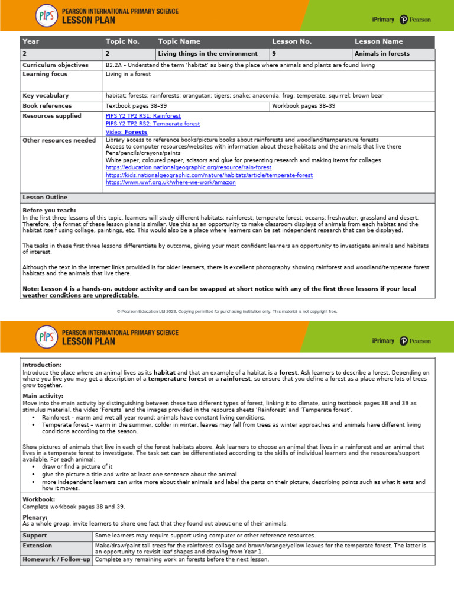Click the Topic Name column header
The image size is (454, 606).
tap(180, 41)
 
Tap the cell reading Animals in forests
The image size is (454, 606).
tap(382, 54)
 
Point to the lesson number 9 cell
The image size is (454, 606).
tap(274, 54)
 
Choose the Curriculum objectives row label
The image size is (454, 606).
tap(56, 65)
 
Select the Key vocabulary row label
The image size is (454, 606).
tap(46, 95)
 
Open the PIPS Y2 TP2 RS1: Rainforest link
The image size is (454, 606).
tap(143, 116)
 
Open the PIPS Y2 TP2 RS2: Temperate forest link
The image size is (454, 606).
tap(153, 124)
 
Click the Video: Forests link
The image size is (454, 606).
tap(127, 132)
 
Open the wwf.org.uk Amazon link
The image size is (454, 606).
tap(170, 182)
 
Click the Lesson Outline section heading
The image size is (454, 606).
tap(45, 197)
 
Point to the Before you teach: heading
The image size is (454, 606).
tap(49, 210)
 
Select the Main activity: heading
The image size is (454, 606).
tap(43, 396)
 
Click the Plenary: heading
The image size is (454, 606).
tap(35, 517)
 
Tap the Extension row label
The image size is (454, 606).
tap(37, 546)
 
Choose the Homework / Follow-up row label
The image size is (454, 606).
tap(56, 559)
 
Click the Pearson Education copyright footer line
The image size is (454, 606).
tap(227, 311)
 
